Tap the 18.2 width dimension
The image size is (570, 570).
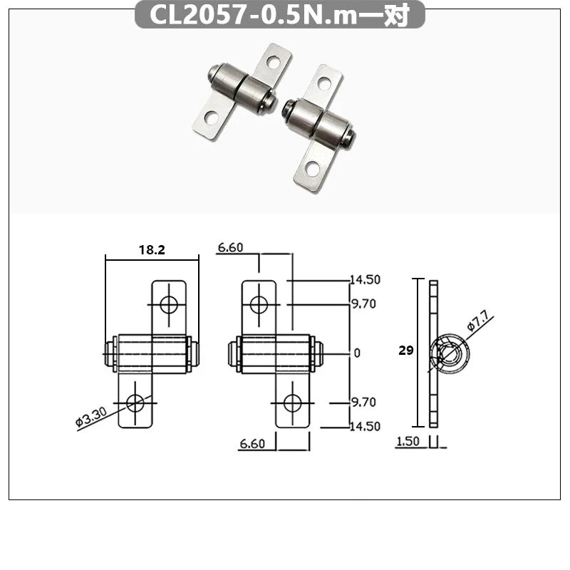tap(151, 250)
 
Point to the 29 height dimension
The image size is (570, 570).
tap(407, 351)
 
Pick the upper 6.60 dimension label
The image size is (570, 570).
tap(231, 248)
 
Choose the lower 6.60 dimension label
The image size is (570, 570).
tap(252, 444)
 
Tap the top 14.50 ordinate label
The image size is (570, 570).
tap(364, 279)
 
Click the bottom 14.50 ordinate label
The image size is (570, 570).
tap(364, 426)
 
